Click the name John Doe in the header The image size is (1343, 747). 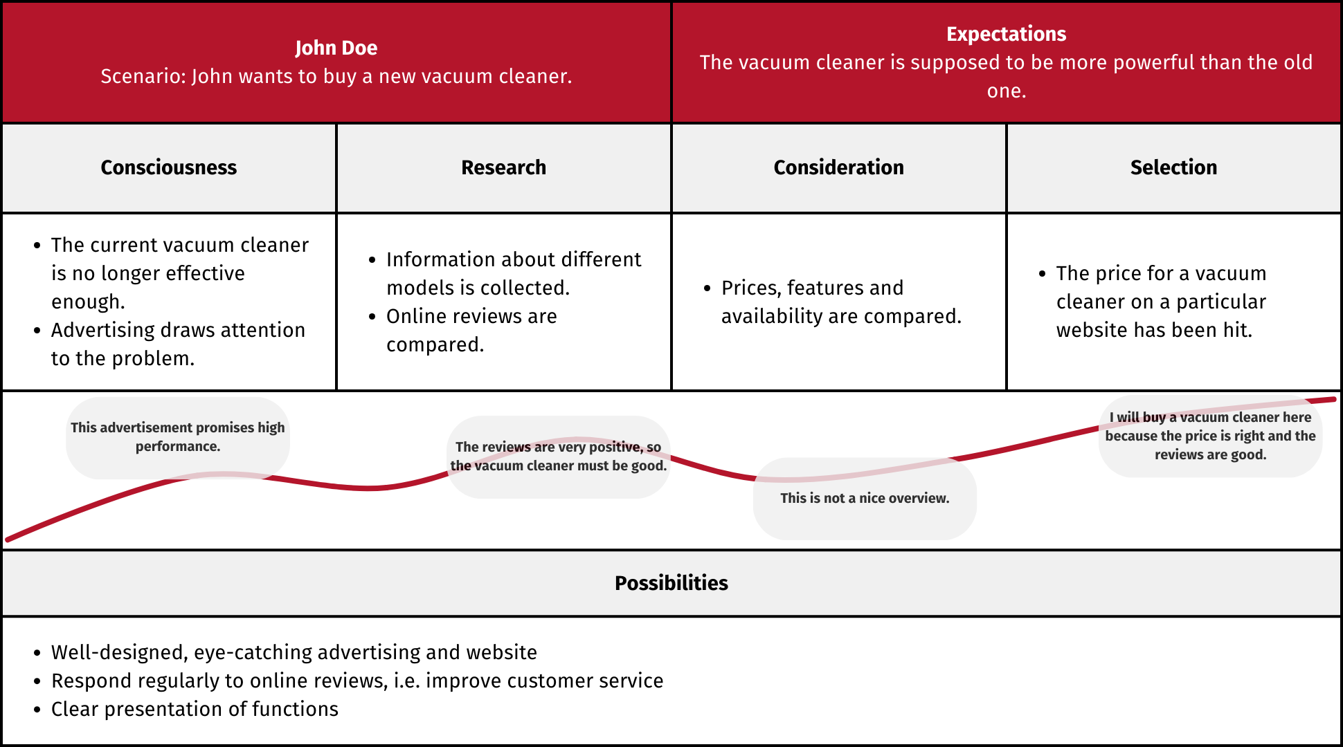point(336,48)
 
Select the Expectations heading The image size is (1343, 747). point(1006,34)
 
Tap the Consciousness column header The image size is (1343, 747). point(169,167)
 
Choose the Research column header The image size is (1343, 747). point(503,167)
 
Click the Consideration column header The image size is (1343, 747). point(838,167)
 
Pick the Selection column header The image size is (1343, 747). point(1173,167)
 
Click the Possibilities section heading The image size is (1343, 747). point(671,583)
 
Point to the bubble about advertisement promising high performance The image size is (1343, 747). point(178,437)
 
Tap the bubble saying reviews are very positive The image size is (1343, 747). point(559,456)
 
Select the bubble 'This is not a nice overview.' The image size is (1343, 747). point(865,498)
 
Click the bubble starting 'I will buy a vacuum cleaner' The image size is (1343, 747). point(1210,436)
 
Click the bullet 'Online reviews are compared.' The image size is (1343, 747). point(463,330)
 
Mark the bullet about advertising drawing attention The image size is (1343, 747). point(170,344)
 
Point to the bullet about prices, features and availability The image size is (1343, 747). point(833,302)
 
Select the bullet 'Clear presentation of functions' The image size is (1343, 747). point(187,709)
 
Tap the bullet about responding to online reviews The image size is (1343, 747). point(349,681)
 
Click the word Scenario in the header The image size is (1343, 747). point(143,76)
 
